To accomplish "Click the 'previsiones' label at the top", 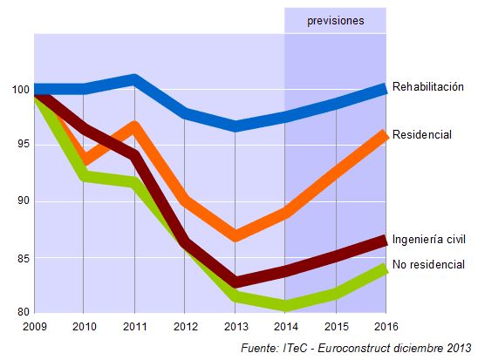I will tap(335, 20).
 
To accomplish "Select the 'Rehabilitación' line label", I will tap(427, 87).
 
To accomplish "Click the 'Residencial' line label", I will tap(421, 135).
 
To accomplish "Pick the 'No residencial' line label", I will tap(427, 264).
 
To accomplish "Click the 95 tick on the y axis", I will tap(21, 144).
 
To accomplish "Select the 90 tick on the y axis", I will tap(21, 201).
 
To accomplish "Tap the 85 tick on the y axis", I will tap(21, 258).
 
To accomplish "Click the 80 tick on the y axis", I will tap(21, 311).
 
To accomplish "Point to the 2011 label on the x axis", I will tap(134, 326).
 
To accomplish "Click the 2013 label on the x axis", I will tap(235, 326).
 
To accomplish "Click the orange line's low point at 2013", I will tap(235, 236).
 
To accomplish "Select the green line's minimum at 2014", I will tap(285, 306).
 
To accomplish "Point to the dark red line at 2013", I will tap(235, 282).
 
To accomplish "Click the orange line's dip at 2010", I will tap(84, 160).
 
